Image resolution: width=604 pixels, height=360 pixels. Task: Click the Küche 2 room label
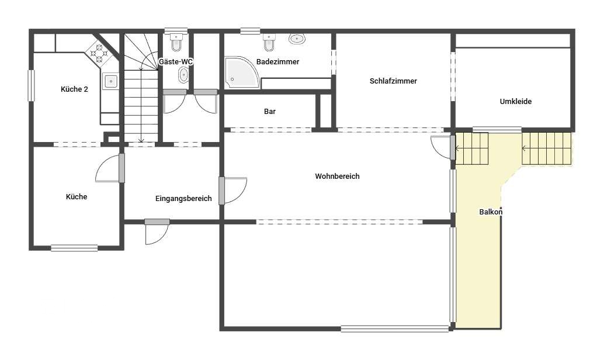pyautogui.click(x=74, y=89)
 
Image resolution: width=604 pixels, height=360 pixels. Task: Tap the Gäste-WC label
pyautogui.click(x=176, y=61)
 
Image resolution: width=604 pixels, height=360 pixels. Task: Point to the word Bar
pyautogui.click(x=270, y=111)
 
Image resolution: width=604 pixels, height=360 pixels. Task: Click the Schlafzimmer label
pyautogui.click(x=393, y=81)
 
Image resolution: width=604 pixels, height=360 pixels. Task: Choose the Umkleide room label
pyautogui.click(x=516, y=101)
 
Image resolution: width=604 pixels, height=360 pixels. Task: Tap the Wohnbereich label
pyautogui.click(x=337, y=176)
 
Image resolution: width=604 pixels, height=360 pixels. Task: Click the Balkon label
pyautogui.click(x=491, y=212)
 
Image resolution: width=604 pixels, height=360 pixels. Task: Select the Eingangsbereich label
pyautogui.click(x=183, y=198)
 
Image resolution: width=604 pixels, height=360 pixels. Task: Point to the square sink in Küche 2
pyautogui.click(x=110, y=81)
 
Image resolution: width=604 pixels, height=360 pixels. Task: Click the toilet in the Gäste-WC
pyautogui.click(x=176, y=41)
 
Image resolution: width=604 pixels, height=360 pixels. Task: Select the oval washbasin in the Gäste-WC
pyautogui.click(x=183, y=74)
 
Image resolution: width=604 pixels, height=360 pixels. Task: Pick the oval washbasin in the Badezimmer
pyautogui.click(x=297, y=40)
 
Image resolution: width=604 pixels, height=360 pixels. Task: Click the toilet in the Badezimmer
pyautogui.click(x=269, y=43)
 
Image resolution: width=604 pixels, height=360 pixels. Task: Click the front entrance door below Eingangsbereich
pyautogui.click(x=157, y=233)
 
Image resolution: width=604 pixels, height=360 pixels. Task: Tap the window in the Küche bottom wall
pyautogui.click(x=74, y=248)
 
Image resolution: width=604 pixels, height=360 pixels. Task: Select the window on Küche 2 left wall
pyautogui.click(x=31, y=85)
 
